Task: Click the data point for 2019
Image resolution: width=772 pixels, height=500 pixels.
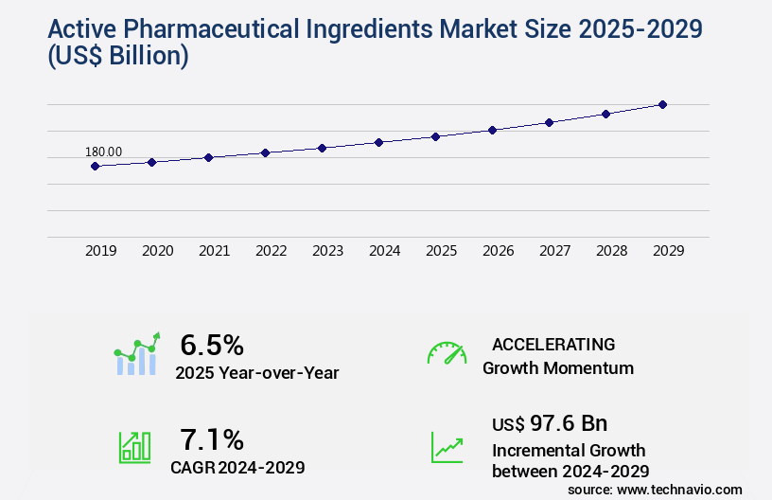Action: (x=95, y=166)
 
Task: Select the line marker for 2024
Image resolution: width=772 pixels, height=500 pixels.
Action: (x=378, y=142)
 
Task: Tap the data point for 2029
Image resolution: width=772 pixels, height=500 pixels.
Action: (x=662, y=104)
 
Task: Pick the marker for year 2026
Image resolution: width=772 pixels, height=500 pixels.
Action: (x=492, y=130)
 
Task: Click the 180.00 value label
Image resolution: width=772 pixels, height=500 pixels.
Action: (x=103, y=152)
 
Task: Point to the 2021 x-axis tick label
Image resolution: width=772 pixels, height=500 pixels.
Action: (x=214, y=251)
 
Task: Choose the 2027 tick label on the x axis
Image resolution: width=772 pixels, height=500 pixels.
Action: (x=554, y=251)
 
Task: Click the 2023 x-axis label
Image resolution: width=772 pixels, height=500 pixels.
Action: (x=327, y=251)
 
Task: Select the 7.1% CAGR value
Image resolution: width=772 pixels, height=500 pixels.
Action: (x=212, y=439)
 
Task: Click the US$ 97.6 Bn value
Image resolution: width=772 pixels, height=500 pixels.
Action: (x=550, y=423)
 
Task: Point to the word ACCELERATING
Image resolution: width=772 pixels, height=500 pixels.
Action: (x=553, y=344)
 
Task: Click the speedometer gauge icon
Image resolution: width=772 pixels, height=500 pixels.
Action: (x=447, y=352)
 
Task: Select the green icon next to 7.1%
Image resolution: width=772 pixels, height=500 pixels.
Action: (x=134, y=447)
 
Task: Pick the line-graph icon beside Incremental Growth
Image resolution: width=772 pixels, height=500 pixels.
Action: (x=447, y=447)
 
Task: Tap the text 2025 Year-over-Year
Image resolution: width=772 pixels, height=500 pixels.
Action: (x=256, y=373)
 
